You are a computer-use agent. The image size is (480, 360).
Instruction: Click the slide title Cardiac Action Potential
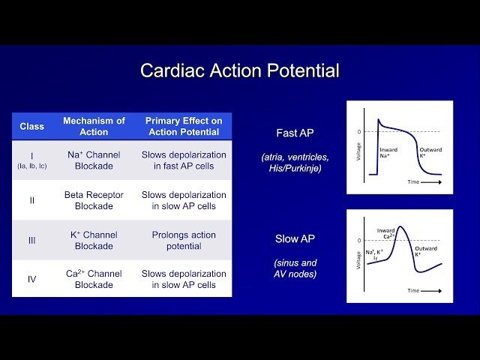[240, 71]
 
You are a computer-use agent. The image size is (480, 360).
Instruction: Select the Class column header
[31, 126]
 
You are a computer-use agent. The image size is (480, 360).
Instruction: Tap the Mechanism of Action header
[94, 126]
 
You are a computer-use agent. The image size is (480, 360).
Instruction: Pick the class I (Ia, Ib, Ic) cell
[31, 160]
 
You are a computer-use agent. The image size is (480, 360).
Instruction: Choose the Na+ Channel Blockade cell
[94, 160]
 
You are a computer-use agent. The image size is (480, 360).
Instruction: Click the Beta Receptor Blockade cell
[94, 200]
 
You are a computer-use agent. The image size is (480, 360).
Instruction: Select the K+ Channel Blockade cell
[94, 240]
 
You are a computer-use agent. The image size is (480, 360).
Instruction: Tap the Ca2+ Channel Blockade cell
[94, 279]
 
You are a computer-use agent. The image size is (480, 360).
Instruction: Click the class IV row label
[31, 279]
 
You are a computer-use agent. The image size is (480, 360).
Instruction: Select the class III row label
[31, 240]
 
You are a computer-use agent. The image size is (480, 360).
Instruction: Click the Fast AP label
[295, 133]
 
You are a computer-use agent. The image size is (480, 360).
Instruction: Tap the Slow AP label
[295, 238]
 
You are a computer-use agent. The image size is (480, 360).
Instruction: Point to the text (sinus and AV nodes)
[295, 268]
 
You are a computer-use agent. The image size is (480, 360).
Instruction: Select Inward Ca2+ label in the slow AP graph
[385, 234]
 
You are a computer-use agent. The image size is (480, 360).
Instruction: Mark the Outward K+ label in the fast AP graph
[430, 154]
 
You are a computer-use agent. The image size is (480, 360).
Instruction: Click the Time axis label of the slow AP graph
[413, 289]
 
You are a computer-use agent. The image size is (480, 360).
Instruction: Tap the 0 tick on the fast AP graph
[358, 131]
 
